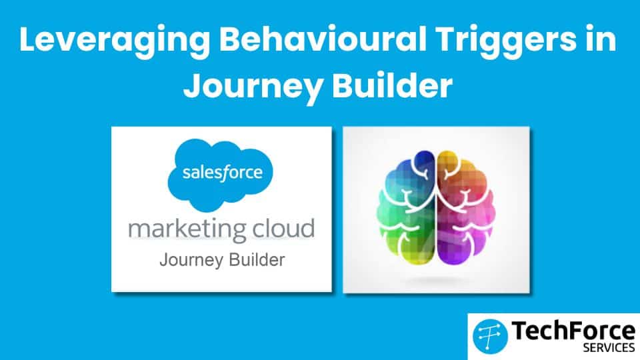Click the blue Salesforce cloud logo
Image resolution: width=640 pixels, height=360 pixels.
click(x=221, y=175)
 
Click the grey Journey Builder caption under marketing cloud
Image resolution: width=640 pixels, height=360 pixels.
click(x=222, y=260)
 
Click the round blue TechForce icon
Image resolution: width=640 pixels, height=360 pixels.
click(x=490, y=336)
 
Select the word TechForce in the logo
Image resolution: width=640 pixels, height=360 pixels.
click(x=573, y=331)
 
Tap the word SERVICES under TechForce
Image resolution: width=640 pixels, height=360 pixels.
click(x=609, y=348)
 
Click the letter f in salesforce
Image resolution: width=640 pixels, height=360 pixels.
click(x=224, y=173)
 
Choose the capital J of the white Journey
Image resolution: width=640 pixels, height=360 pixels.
click(x=192, y=86)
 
